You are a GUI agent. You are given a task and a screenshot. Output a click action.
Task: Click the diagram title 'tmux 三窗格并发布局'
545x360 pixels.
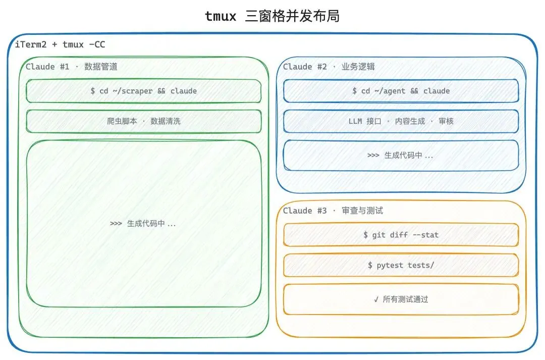point(272,16)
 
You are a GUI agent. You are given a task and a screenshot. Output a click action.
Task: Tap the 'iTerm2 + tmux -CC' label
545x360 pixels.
point(60,44)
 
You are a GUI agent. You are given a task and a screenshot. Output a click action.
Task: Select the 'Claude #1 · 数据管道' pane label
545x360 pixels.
point(72,67)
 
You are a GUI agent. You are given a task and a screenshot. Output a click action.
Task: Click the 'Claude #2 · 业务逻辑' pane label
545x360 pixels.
point(329,67)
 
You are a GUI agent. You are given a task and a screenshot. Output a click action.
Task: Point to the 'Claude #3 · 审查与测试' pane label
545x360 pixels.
point(333,211)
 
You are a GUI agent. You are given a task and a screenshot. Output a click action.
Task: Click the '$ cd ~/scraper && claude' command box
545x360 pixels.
point(144,91)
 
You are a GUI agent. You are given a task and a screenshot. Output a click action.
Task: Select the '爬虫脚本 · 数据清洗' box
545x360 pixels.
point(144,121)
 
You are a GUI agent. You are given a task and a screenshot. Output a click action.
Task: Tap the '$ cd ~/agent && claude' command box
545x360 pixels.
point(401,91)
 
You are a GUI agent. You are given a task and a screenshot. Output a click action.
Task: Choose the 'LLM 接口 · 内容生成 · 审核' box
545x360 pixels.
point(401,121)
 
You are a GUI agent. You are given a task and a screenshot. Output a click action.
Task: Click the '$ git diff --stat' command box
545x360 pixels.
point(401,235)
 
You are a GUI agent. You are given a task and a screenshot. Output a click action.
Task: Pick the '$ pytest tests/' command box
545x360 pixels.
point(401,265)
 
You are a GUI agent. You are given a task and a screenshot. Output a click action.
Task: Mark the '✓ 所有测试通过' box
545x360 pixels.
point(401,299)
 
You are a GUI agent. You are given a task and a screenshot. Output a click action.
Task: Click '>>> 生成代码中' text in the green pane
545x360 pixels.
point(143,223)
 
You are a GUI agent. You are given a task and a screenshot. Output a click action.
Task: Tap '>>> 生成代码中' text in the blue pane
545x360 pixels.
point(400,156)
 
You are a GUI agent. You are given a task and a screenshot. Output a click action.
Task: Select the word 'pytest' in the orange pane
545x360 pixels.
point(389,265)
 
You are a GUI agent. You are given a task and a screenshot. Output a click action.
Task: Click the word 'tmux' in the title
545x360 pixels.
point(221,16)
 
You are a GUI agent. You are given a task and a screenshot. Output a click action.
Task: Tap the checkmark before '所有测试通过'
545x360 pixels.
point(376,299)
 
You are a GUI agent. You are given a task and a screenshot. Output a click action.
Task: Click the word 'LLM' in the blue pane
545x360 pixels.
point(355,121)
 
